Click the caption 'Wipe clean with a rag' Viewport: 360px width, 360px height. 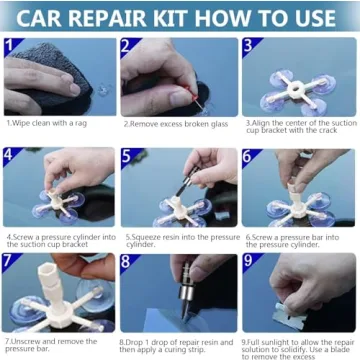[x=49, y=124]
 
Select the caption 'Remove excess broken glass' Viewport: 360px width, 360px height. [x=177, y=124]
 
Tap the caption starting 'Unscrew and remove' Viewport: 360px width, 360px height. [x=52, y=343]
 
